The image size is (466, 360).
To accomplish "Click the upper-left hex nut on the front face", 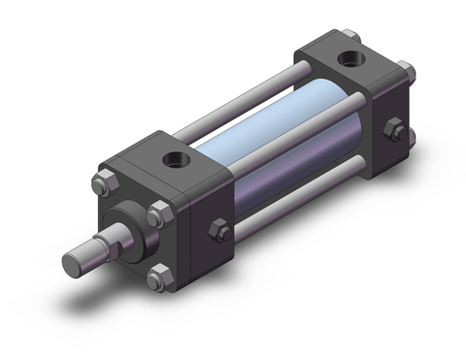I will pyautogui.click(x=102, y=183).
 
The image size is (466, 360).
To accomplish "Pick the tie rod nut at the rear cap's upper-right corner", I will pyautogui.click(x=409, y=71).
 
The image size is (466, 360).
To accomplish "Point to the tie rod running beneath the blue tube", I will pyautogui.click(x=311, y=204).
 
